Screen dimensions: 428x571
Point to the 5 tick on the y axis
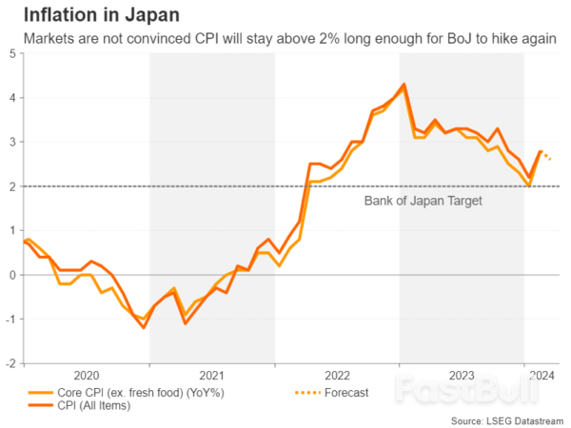click(11, 53)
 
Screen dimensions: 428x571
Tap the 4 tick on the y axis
click(11, 98)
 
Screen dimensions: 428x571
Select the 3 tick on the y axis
click(11, 142)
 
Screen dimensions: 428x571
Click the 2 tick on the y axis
click(11, 186)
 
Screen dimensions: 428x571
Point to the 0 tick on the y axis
click(11, 275)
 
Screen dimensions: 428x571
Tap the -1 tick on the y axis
click(10, 319)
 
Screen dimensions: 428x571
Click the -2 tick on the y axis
click(10, 363)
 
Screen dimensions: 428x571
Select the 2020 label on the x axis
click(87, 375)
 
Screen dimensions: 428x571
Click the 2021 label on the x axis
click(211, 375)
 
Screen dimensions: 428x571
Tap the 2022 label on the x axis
click(337, 375)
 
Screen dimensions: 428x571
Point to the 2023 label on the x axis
click(462, 375)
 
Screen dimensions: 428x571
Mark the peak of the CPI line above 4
click(404, 85)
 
